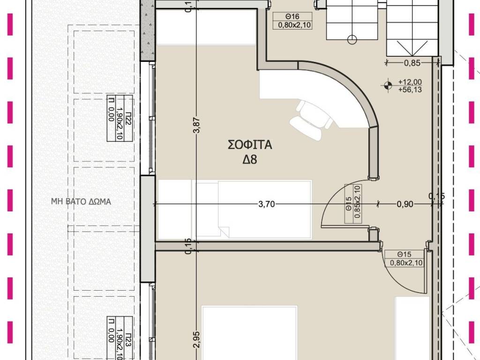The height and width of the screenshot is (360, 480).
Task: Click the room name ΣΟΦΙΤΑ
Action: click(x=250, y=144)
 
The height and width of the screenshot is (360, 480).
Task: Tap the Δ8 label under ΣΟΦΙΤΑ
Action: click(x=250, y=159)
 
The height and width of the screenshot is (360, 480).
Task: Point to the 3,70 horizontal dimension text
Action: click(x=266, y=204)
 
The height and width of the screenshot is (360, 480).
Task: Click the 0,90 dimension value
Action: click(x=405, y=204)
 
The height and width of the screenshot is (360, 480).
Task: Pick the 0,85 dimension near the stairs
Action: click(x=412, y=63)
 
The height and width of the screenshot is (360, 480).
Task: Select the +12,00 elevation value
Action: click(x=410, y=82)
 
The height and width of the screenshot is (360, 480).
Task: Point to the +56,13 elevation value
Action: click(x=410, y=90)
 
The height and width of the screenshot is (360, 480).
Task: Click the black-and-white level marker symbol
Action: click(x=388, y=85)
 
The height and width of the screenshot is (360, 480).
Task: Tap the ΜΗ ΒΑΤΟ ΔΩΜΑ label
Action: click(x=81, y=202)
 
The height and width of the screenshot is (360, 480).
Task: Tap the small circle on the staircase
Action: click(x=352, y=39)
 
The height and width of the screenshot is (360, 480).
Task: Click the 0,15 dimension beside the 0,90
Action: click(x=436, y=196)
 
